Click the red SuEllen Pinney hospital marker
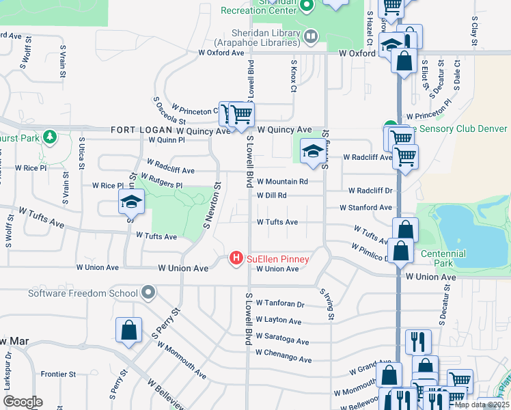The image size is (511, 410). pyautogui.click(x=236, y=258)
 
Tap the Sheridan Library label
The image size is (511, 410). pyautogui.click(x=258, y=36)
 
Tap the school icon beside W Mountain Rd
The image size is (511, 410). pyautogui.click(x=312, y=153)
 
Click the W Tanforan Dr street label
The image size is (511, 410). pyautogui.click(x=279, y=303)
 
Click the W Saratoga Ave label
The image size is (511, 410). pyautogui.click(x=282, y=341)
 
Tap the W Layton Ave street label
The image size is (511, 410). pyautogui.click(x=279, y=320)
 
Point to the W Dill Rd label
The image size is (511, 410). pyautogui.click(x=272, y=195)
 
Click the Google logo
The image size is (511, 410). pyautogui.click(x=23, y=402)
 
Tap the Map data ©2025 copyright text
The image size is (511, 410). pyautogui.click(x=482, y=405)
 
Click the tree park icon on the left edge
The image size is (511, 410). pyautogui.click(x=49, y=137)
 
